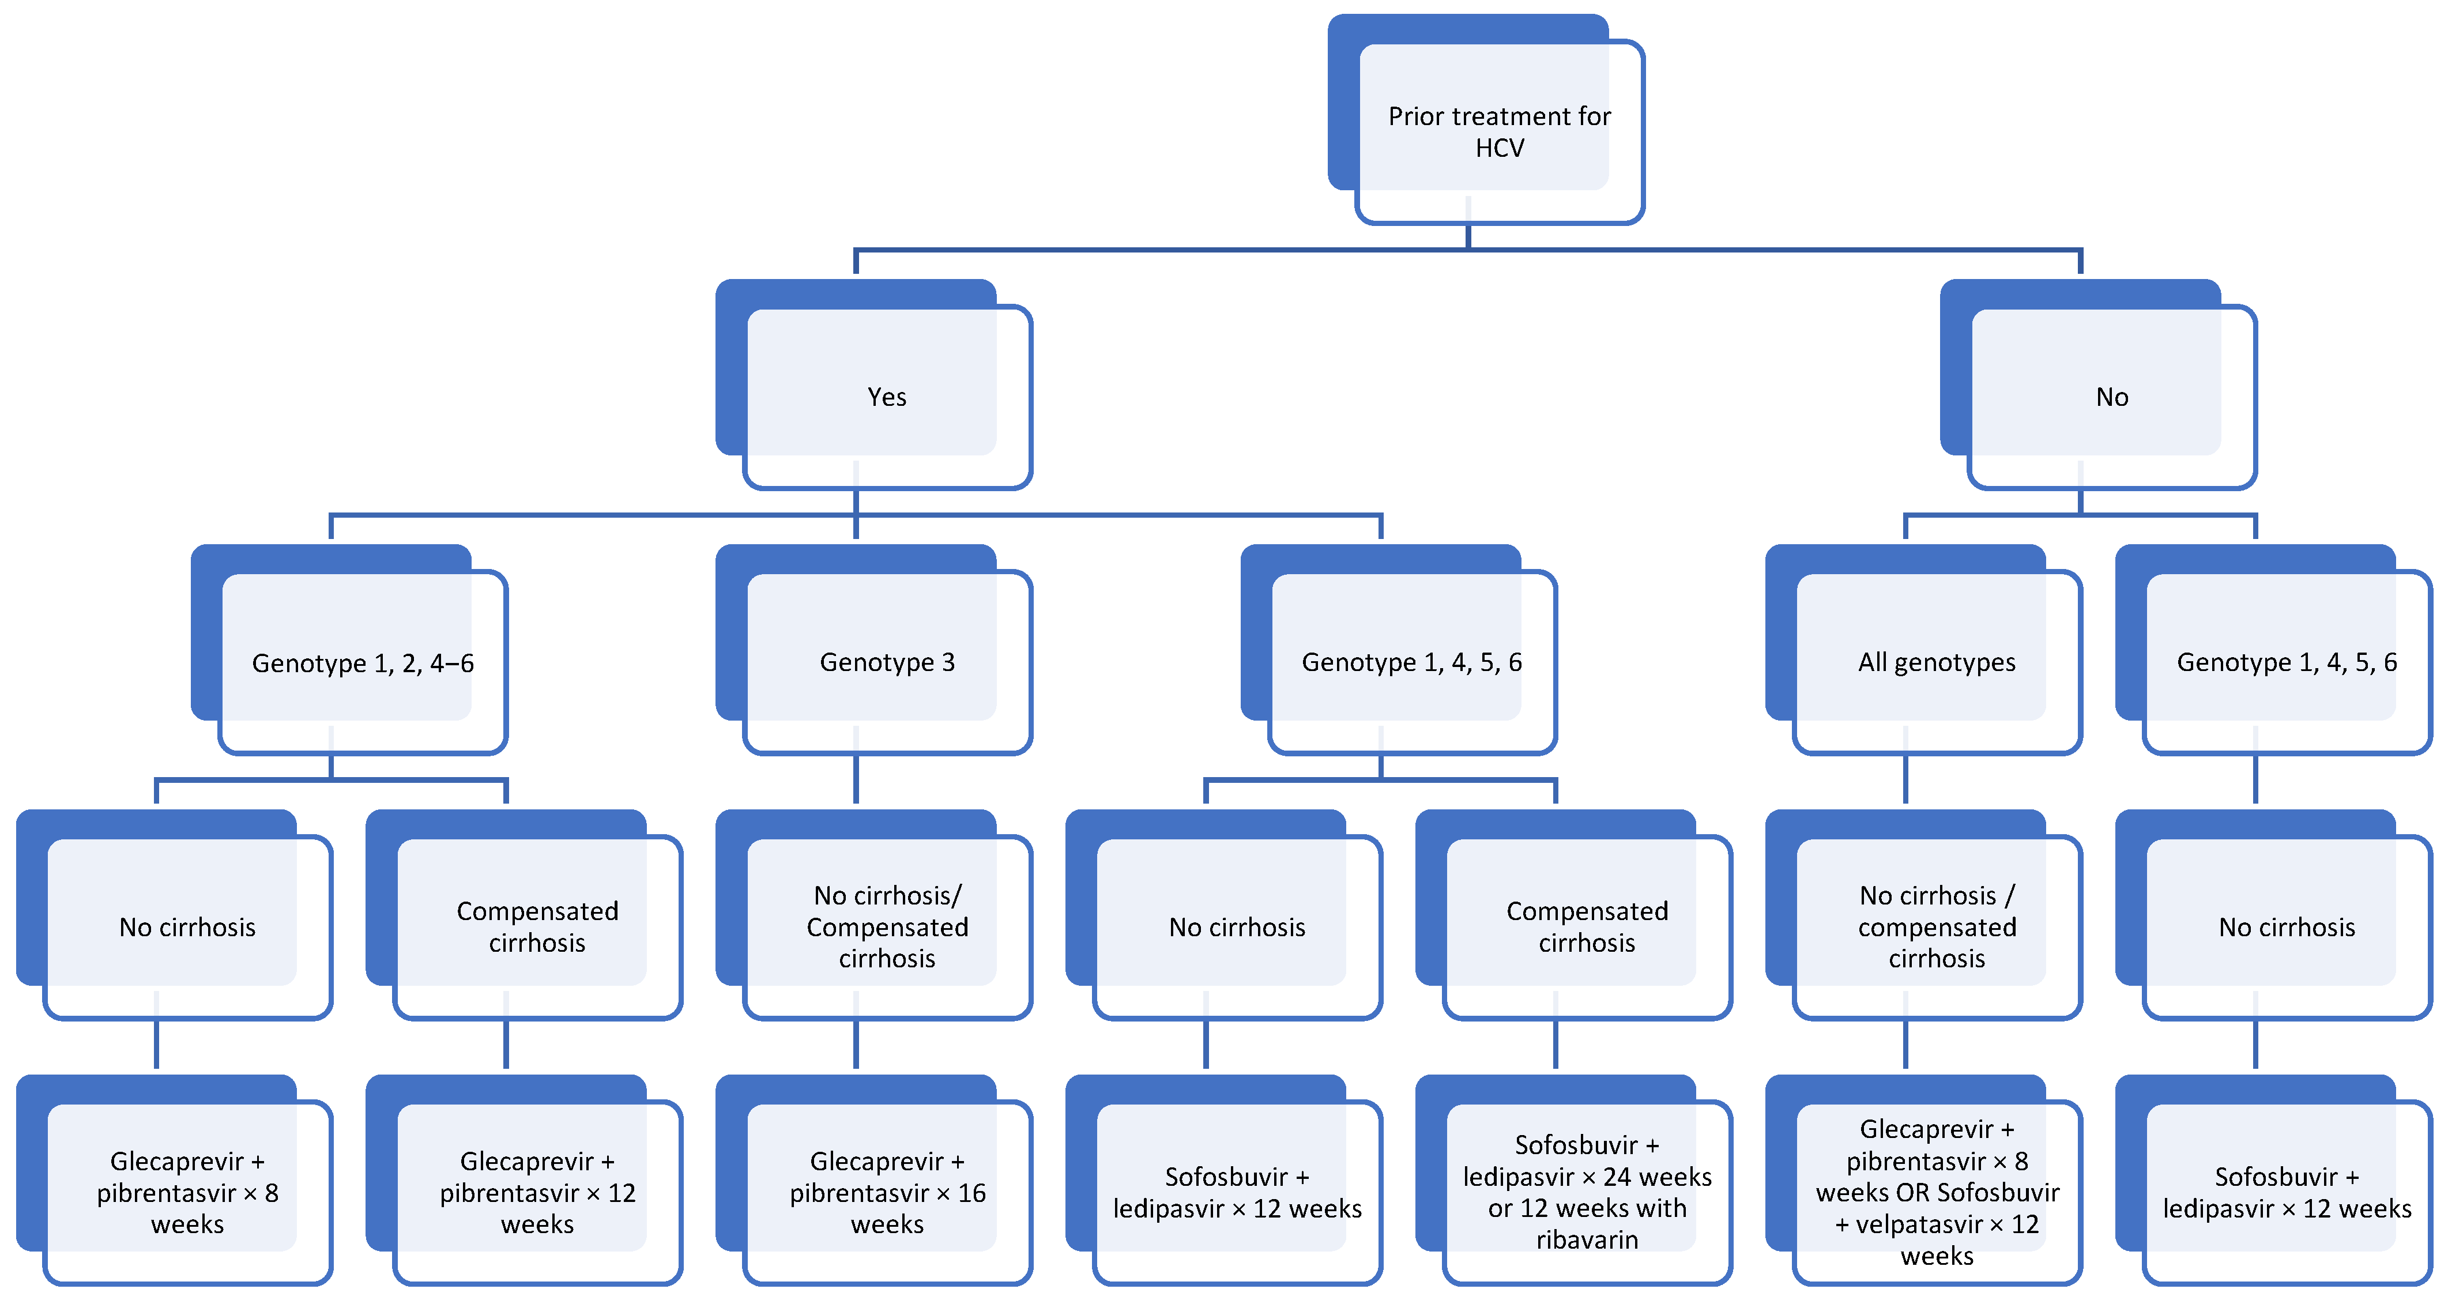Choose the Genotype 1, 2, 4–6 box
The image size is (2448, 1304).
point(362,662)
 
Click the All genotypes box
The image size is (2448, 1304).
point(1936,662)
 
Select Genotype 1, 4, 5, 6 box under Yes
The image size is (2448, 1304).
point(1411,662)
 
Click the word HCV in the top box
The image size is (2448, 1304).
point(1500,148)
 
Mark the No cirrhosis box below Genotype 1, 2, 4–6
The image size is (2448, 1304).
point(187,926)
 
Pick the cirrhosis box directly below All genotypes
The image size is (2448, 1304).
point(1936,926)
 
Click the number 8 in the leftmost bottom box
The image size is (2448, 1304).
point(271,1193)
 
